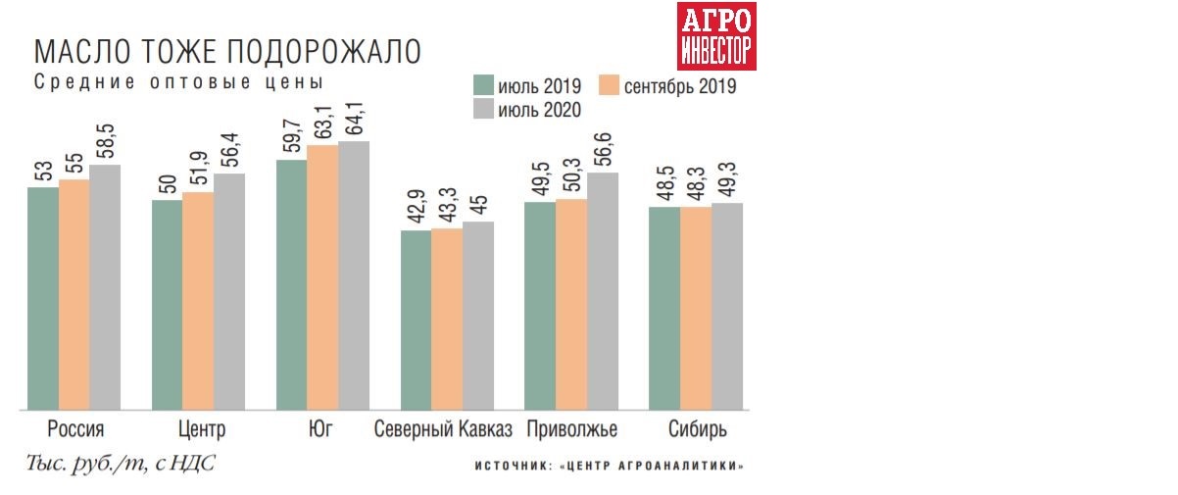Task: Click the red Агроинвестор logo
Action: [717, 36]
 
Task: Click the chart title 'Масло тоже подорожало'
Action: [227, 52]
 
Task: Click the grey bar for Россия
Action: [105, 287]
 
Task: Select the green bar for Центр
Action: [167, 305]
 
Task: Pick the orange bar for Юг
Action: [322, 277]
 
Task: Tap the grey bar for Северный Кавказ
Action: [478, 316]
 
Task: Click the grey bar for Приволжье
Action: [603, 291]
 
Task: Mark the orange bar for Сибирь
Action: [696, 309]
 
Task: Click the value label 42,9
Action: [417, 207]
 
